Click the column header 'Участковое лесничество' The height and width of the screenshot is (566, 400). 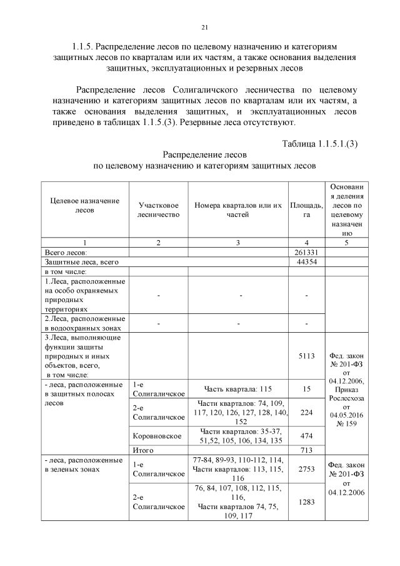click(x=158, y=210)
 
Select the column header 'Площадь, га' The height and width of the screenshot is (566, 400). click(x=306, y=210)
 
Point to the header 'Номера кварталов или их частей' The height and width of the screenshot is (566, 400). click(x=238, y=210)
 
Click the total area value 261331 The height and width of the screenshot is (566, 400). click(x=306, y=251)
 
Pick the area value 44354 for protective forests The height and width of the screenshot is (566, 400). click(x=306, y=261)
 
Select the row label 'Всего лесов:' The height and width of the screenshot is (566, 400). click(x=65, y=251)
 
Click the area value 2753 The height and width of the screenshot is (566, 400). click(x=306, y=468)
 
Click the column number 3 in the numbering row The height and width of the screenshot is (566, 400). click(x=238, y=241)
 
